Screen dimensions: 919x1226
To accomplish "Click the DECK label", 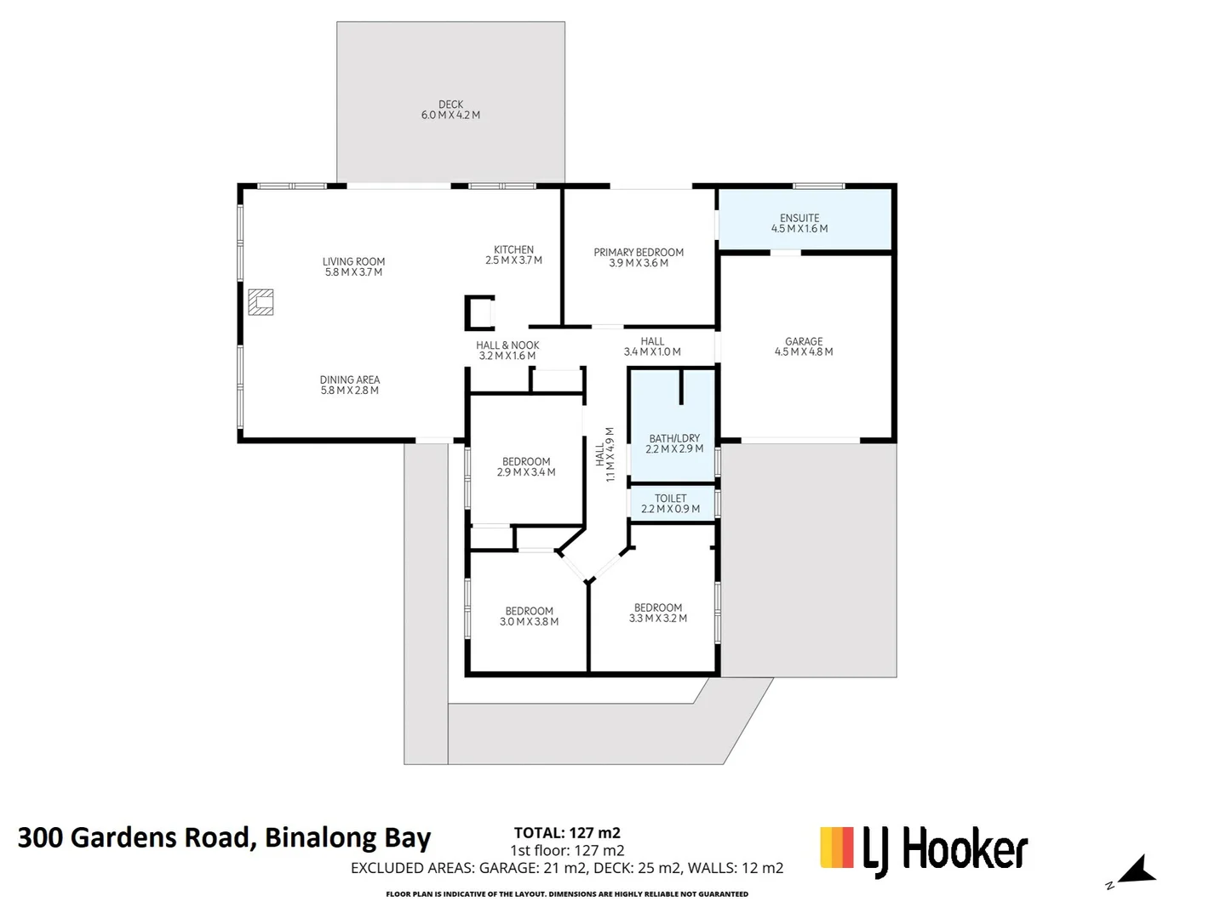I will pyautogui.click(x=450, y=105).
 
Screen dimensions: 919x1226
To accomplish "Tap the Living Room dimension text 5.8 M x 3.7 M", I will pyautogui.click(x=353, y=272).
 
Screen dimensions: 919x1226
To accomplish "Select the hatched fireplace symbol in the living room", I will pyautogui.click(x=261, y=302).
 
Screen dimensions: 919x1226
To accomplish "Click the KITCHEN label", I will pyautogui.click(x=513, y=250).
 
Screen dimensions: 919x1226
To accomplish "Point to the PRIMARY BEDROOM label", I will pyautogui.click(x=639, y=252).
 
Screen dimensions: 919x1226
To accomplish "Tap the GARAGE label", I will pyautogui.click(x=804, y=341).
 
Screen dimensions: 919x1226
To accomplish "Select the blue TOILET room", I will pyautogui.click(x=671, y=503).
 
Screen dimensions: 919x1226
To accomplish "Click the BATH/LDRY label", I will pyautogui.click(x=674, y=438).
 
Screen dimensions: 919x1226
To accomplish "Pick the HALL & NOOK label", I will pyautogui.click(x=507, y=345).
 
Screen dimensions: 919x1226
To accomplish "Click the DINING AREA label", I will pyautogui.click(x=350, y=380).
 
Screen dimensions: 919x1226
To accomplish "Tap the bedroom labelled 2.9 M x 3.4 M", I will pyautogui.click(x=526, y=466).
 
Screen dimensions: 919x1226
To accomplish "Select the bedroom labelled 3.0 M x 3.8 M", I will pyautogui.click(x=529, y=616).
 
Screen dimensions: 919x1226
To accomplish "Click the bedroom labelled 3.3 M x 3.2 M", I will pyautogui.click(x=657, y=613).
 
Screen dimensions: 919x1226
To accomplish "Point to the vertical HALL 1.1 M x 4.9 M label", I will pyautogui.click(x=604, y=454).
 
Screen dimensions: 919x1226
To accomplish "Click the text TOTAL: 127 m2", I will pyautogui.click(x=567, y=833).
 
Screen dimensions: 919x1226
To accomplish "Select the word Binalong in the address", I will pyautogui.click(x=321, y=837).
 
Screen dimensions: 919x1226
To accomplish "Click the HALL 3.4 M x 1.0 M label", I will pyautogui.click(x=652, y=346).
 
